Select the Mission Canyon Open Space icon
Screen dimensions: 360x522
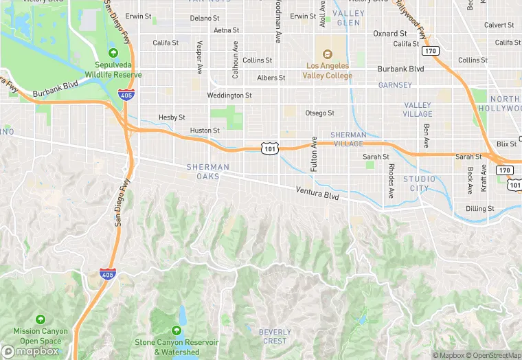point(41,319)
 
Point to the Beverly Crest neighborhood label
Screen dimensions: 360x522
point(275,337)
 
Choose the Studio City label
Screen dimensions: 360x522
point(420,183)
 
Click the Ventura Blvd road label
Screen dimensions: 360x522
point(318,194)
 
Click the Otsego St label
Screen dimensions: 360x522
point(319,113)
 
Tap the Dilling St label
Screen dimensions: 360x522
point(480,208)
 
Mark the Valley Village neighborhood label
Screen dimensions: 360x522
point(418,110)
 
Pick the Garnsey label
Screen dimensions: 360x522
point(395,86)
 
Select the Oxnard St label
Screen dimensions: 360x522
point(390,33)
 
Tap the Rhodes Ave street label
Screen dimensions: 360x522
point(391,181)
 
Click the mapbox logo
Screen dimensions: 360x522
point(30,350)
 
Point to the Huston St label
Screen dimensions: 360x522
point(205,130)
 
